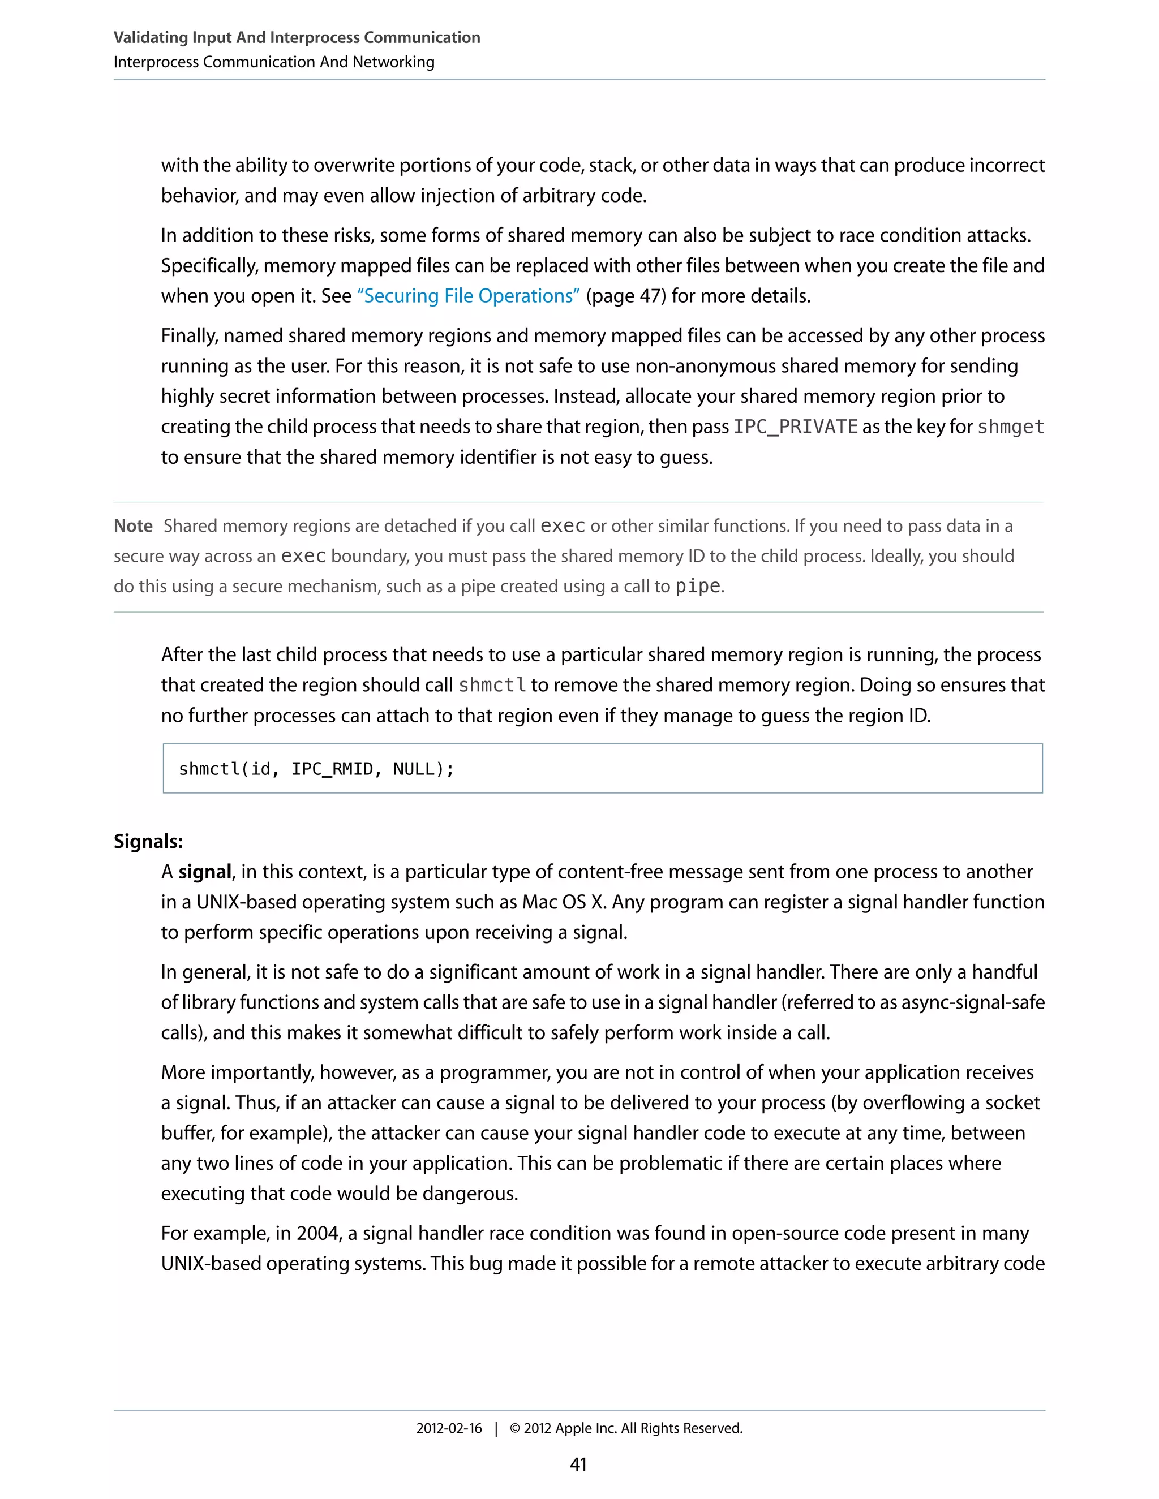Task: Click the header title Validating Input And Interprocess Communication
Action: tap(297, 38)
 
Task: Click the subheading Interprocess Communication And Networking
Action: tap(274, 62)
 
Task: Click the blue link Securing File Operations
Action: tap(468, 296)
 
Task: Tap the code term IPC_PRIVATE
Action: tap(796, 427)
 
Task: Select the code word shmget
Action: tap(1010, 427)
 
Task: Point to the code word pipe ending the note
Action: tap(698, 587)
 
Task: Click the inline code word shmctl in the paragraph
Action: tap(492, 686)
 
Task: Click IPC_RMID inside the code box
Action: tap(332, 769)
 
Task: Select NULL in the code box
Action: tap(414, 769)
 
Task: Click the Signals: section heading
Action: tap(148, 842)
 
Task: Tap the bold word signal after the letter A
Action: tap(205, 872)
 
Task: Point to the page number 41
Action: tap(578, 1464)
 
